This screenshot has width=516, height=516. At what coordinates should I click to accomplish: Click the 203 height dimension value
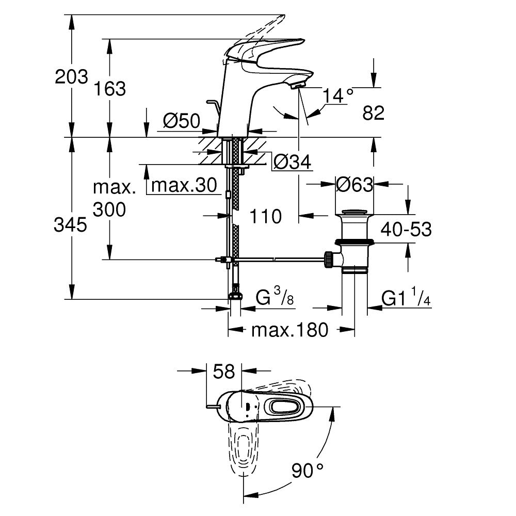click(72, 77)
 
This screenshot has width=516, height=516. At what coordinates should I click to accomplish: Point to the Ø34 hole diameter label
click(292, 163)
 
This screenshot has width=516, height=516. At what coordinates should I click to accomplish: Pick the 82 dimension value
click(374, 113)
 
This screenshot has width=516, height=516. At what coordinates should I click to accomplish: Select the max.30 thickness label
click(184, 186)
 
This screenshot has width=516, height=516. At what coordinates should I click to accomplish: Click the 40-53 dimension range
click(407, 229)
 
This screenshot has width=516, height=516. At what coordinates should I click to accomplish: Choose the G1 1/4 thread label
click(406, 298)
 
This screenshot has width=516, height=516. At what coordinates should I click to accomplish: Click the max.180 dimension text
click(289, 330)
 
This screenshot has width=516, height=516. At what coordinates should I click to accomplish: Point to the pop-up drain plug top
click(353, 211)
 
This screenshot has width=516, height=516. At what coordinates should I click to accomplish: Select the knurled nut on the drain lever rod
click(328, 259)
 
